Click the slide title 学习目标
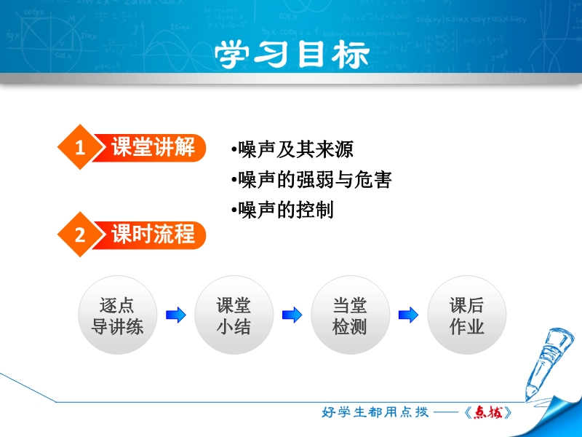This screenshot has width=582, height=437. coord(292,54)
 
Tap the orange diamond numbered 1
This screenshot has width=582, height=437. coord(80,147)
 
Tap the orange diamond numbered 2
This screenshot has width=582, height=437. coord(80,235)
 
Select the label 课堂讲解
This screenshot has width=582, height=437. coord(153,147)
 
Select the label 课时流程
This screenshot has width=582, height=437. coord(153,235)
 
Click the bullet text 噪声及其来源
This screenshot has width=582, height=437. coord(292,149)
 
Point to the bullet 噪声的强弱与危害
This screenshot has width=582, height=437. coord(311,180)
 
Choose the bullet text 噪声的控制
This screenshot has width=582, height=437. coord(282,210)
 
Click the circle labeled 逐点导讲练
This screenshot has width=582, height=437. coord(117,315)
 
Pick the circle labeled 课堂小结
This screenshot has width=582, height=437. coord(234,315)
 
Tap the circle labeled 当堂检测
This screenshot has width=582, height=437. coord(350,315)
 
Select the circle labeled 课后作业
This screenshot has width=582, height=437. coord(466,315)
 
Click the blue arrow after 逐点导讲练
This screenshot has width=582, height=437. coord(175,315)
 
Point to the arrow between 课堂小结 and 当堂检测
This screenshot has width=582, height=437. coord(292,315)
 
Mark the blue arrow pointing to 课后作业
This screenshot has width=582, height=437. coord(408,315)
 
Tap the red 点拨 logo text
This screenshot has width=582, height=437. coord(488,412)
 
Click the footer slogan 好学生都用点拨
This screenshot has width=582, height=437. coord(375,412)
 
